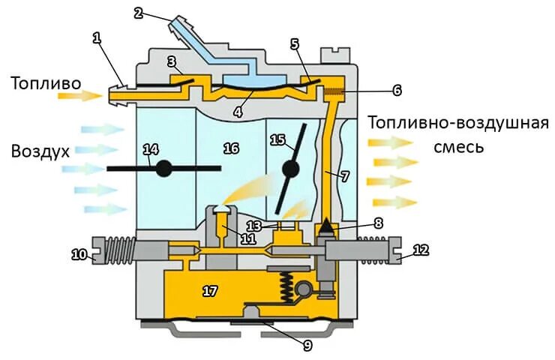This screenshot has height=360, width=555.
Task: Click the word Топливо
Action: pyautogui.click(x=46, y=82)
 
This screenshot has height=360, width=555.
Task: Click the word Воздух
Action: pyautogui.click(x=40, y=151)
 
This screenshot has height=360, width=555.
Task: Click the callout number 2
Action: pyautogui.click(x=138, y=13)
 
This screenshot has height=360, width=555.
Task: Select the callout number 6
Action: pyautogui.click(x=397, y=90)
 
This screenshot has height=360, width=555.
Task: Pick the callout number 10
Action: pyautogui.click(x=79, y=254)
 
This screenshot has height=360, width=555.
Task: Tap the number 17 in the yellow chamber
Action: pyautogui.click(x=210, y=289)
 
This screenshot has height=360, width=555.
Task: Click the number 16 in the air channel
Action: pyautogui.click(x=231, y=148)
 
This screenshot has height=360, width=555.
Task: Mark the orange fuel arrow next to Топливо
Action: pyautogui.click(x=91, y=96)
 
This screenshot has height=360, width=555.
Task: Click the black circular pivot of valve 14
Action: pyautogui.click(x=163, y=169)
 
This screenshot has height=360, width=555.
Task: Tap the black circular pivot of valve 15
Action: pyautogui.click(x=289, y=169)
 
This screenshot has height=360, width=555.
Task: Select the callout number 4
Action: pyautogui.click(x=238, y=112)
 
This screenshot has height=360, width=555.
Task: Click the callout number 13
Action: pyautogui.click(x=254, y=226)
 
